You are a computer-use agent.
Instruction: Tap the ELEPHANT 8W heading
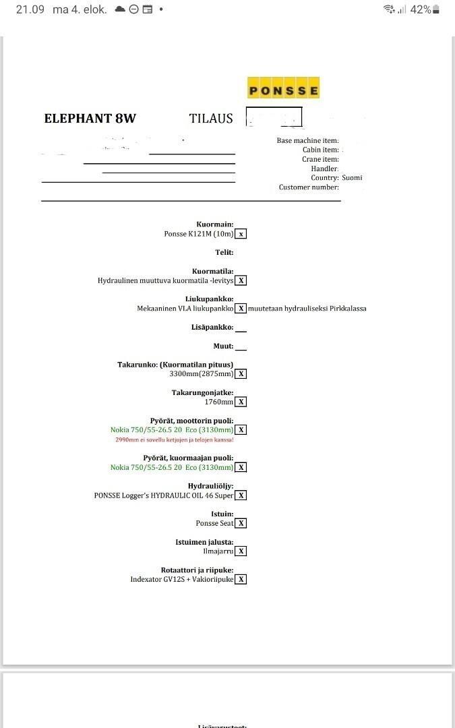90,119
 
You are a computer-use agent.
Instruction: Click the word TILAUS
211,119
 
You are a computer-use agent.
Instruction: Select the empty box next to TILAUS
274,117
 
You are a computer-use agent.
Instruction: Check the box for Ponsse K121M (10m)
241,234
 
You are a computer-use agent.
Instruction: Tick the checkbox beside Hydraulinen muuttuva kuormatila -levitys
241,280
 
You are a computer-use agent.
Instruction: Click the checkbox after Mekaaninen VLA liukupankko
241,309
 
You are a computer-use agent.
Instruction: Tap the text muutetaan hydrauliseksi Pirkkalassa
307,309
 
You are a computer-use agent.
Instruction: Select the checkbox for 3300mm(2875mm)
241,374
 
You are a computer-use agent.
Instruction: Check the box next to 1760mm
241,402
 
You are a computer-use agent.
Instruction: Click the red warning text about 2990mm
175,439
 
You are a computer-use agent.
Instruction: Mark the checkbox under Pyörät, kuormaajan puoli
241,467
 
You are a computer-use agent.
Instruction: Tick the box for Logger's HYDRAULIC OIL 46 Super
241,495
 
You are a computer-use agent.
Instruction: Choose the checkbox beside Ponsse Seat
241,523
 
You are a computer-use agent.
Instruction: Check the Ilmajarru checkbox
241,551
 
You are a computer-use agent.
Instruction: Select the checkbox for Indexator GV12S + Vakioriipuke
241,579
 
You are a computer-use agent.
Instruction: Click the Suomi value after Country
352,178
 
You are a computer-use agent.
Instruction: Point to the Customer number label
309,187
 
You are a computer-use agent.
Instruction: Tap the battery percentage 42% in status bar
421,9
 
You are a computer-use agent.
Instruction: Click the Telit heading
224,253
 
